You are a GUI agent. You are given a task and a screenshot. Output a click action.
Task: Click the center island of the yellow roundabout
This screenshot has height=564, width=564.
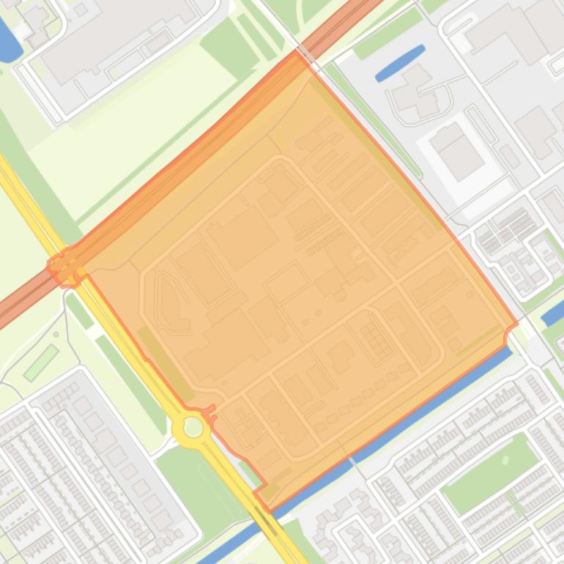[193, 427]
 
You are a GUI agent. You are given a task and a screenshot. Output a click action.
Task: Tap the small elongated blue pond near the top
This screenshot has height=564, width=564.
[400, 63]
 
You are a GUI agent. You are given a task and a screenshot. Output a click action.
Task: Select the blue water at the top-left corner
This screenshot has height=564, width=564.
[7, 40]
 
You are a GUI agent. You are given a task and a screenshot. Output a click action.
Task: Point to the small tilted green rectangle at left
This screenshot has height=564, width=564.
[41, 363]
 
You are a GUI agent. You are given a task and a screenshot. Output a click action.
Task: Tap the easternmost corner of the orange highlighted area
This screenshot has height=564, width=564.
[516, 322]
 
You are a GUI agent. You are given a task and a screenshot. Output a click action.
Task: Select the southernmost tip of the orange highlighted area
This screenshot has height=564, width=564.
[268, 510]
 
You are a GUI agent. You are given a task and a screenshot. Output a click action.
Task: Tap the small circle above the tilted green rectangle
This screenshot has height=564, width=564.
[55, 335]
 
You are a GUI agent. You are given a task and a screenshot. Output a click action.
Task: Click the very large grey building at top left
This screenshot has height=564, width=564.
[117, 37]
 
